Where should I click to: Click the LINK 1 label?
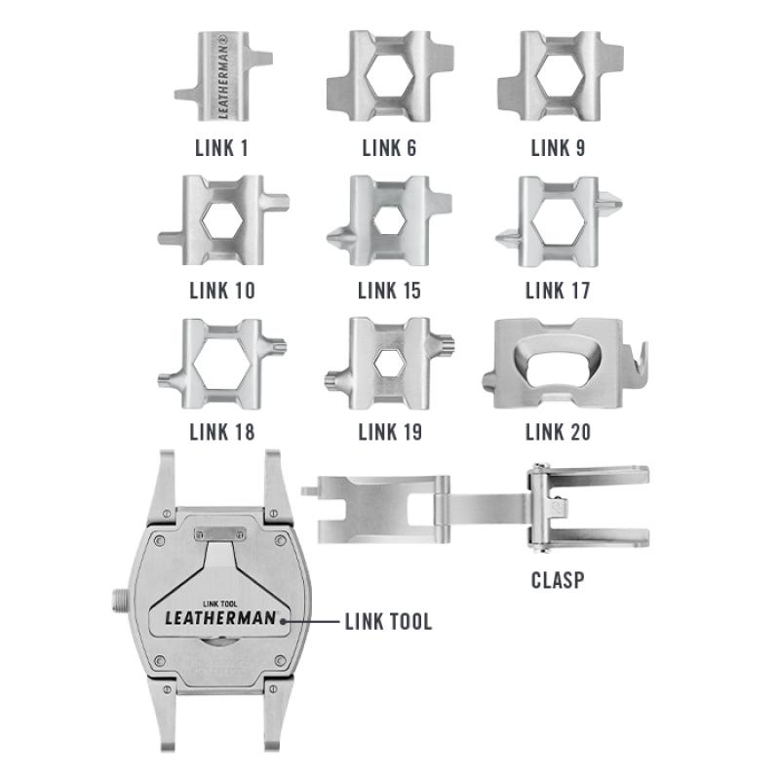[221, 148]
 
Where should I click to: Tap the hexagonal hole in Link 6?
[389, 76]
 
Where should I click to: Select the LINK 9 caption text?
[558, 148]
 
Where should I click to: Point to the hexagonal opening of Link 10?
[222, 220]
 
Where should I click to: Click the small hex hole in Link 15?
[389, 219]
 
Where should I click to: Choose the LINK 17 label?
[558, 291]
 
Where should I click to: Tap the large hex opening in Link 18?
[222, 363]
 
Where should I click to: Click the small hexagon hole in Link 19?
[389, 363]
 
